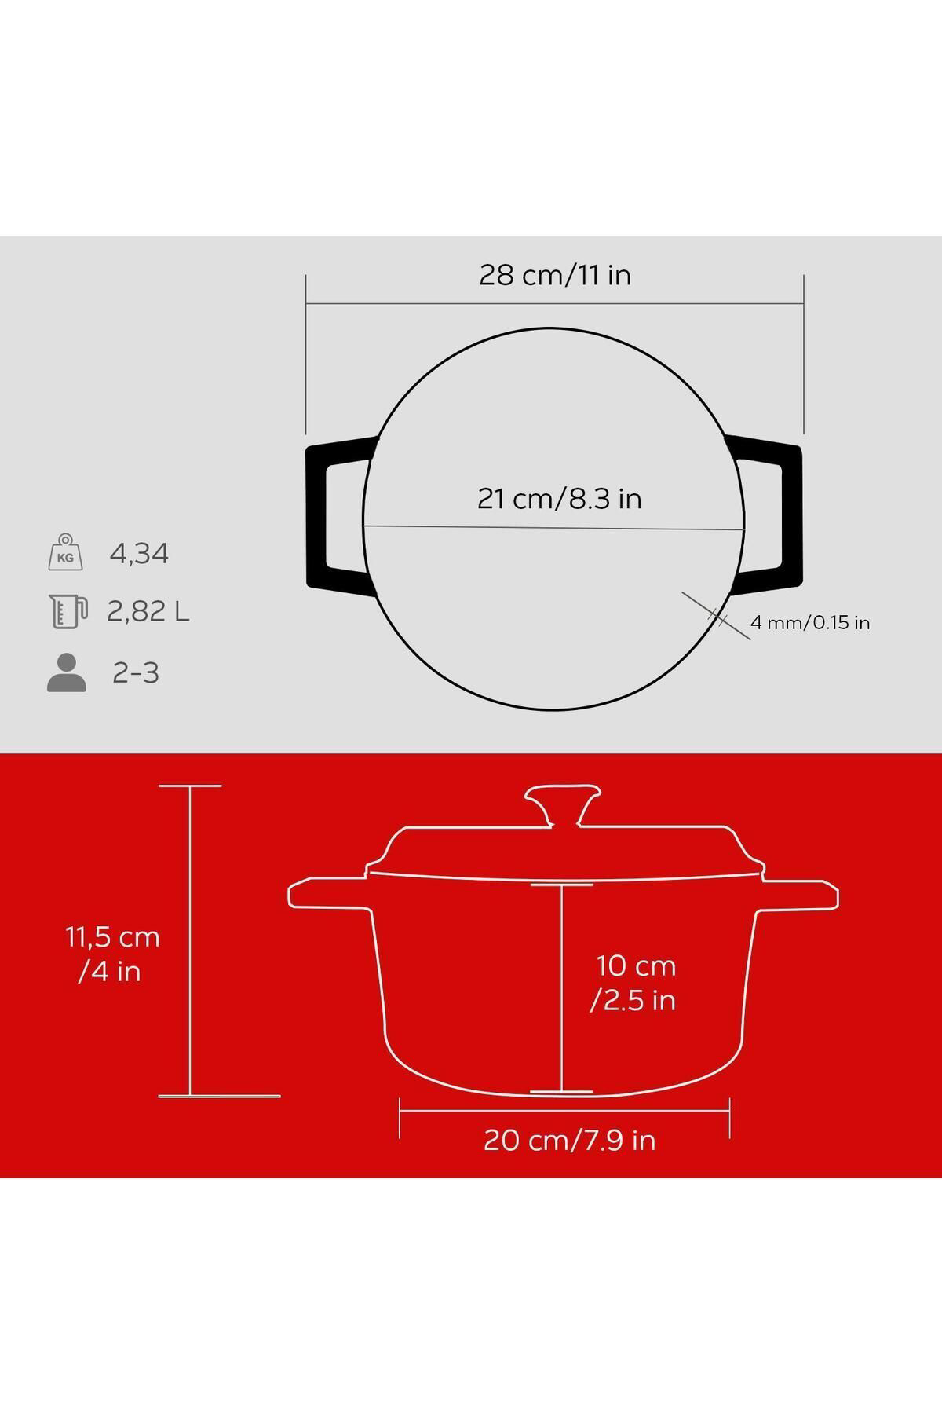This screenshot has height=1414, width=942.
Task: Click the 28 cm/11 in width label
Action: [555, 275]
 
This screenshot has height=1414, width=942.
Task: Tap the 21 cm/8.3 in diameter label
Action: [560, 499]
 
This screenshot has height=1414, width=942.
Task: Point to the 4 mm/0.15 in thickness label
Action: [810, 623]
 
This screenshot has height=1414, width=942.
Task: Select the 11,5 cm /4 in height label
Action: [111, 954]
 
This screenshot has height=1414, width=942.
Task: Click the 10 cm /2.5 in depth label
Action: [634, 983]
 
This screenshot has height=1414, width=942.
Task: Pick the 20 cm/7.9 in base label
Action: [569, 1140]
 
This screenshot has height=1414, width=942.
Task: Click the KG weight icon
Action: [65, 552]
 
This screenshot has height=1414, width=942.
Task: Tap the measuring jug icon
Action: [66, 611]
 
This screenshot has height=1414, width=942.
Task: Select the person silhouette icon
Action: [67, 672]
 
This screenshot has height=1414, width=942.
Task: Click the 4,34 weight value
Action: [139, 554]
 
